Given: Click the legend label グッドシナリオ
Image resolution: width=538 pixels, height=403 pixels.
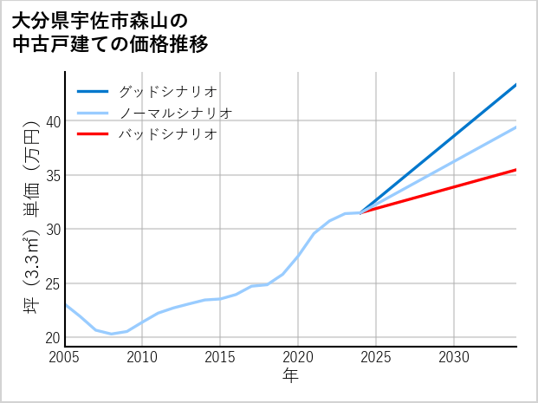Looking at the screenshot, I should pyautogui.click(x=167, y=91).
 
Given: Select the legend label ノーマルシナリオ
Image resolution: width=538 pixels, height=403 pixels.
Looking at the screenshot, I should pyautogui.click(x=175, y=113).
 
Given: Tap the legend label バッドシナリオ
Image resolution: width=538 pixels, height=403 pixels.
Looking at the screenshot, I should pyautogui.click(x=167, y=134).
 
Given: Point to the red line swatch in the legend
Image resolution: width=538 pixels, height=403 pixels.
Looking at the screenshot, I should pyautogui.click(x=93, y=134).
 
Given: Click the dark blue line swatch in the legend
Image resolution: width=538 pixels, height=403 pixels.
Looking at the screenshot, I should pyautogui.click(x=93, y=91).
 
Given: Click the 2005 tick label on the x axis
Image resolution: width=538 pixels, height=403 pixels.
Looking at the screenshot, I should pyautogui.click(x=65, y=357).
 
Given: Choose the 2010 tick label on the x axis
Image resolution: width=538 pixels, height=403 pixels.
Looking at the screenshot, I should pyautogui.click(x=143, y=357).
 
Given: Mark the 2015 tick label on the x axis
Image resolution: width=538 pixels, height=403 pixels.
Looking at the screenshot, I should pyautogui.click(x=220, y=357).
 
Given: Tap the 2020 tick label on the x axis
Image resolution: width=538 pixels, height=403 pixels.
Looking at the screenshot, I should pyautogui.click(x=298, y=357).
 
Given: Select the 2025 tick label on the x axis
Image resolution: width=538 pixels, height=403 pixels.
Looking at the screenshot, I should pyautogui.click(x=376, y=357).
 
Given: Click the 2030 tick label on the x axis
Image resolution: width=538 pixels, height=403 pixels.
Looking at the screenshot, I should pyautogui.click(x=454, y=357).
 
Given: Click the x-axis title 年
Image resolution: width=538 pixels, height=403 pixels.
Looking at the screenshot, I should pyautogui.click(x=290, y=377).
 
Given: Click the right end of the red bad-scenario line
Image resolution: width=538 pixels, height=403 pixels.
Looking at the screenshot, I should pyautogui.click(x=515, y=170).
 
